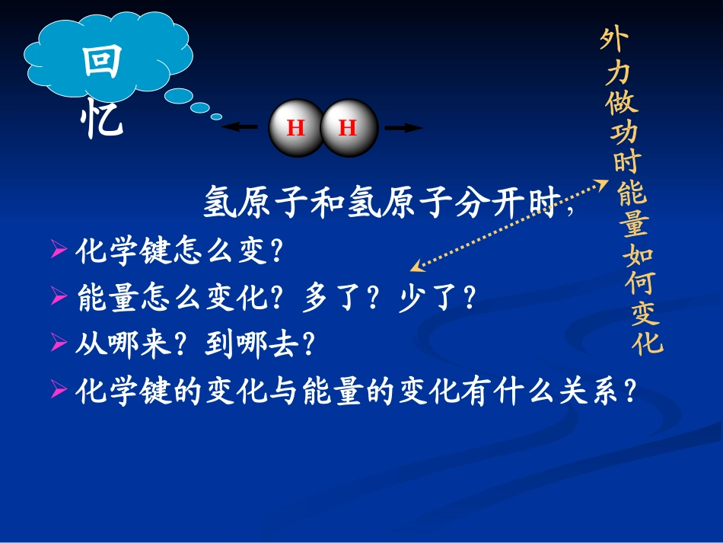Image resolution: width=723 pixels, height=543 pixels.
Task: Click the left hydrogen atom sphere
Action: coord(297,128)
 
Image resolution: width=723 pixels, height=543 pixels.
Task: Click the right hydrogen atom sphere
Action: coord(349,128)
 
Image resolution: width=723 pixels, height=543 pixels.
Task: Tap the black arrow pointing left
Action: coord(240,128)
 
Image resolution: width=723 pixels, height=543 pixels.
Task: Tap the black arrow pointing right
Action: coord(403,128)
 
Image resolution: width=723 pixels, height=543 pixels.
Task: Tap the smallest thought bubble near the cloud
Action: coord(216,117)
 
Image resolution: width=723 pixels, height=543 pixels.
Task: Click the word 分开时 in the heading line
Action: coord(506,203)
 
